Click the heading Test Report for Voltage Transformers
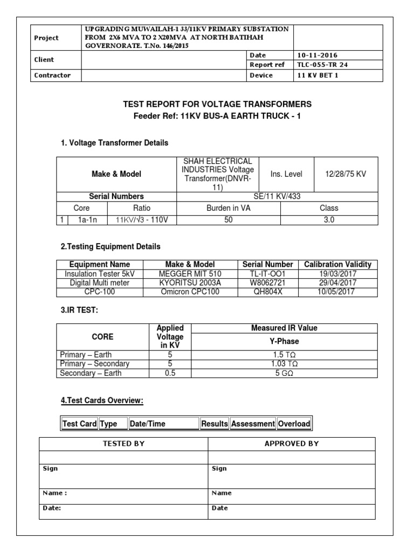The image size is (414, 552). [218, 104]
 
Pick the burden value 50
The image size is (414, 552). [229, 219]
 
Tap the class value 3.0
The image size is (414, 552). [329, 219]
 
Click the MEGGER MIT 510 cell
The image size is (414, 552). [190, 273]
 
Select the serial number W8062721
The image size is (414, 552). [268, 282]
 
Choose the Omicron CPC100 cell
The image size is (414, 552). [190, 292]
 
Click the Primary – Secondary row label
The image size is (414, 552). [95, 364]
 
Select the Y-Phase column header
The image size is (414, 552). [284, 341]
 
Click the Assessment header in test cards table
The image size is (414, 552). [253, 424]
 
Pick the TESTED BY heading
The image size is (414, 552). [123, 444]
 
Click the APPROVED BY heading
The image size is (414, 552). [292, 444]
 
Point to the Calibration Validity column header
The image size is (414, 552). [337, 264]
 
